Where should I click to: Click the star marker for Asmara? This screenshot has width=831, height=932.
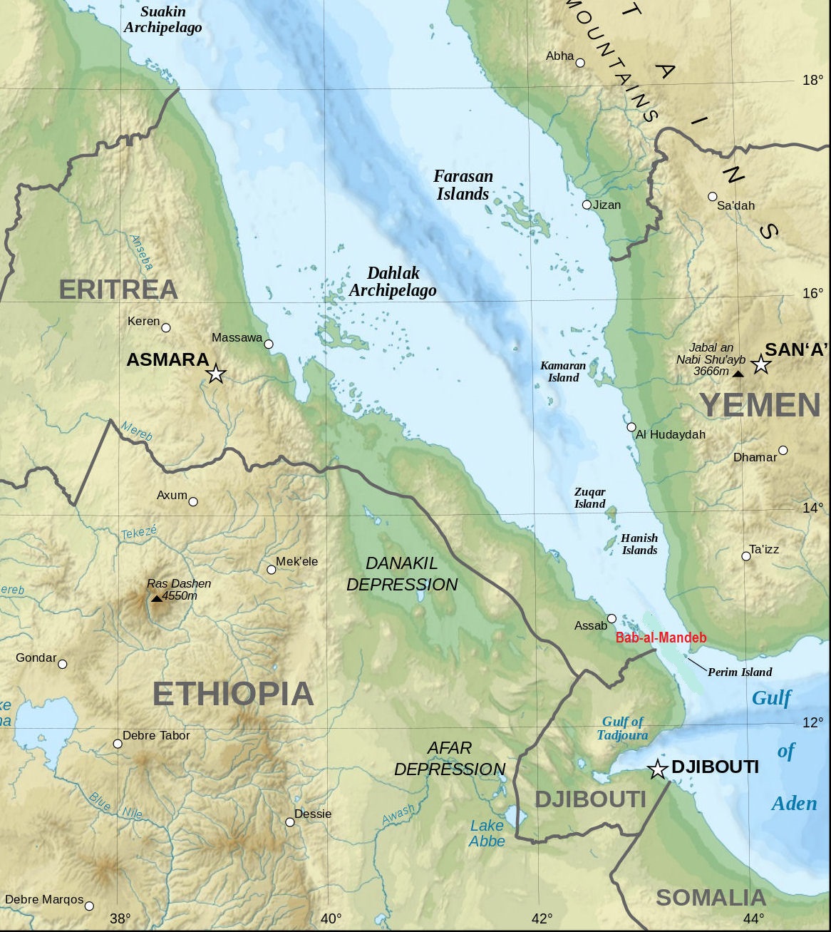(x=215, y=374)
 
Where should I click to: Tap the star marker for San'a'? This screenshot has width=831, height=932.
(x=761, y=364)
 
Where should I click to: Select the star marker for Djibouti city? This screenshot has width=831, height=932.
(x=657, y=769)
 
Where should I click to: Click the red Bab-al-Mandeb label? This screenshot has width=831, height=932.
(x=661, y=637)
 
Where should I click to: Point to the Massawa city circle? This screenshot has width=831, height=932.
(x=269, y=344)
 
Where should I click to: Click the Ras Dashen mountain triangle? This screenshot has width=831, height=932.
(x=157, y=598)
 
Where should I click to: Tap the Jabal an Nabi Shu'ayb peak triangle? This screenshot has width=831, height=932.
(x=738, y=373)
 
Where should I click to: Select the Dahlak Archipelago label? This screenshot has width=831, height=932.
(x=393, y=282)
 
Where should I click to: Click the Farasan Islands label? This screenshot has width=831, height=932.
(x=463, y=185)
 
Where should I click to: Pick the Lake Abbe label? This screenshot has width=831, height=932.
(x=487, y=834)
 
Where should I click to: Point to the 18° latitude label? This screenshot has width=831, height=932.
(x=812, y=80)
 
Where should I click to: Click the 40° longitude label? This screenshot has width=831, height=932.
(x=331, y=918)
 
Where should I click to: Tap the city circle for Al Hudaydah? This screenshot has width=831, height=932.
(x=631, y=427)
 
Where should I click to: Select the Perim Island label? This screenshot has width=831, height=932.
(x=740, y=672)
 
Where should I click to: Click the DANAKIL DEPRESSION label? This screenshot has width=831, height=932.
(x=402, y=574)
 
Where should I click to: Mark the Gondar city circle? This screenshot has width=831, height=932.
(x=62, y=664)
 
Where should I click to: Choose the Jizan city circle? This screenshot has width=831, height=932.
(x=587, y=205)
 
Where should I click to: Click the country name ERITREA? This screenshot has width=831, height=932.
(x=118, y=290)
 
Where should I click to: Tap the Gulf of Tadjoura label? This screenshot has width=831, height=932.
(x=622, y=728)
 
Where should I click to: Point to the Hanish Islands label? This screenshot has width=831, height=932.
(x=639, y=544)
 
